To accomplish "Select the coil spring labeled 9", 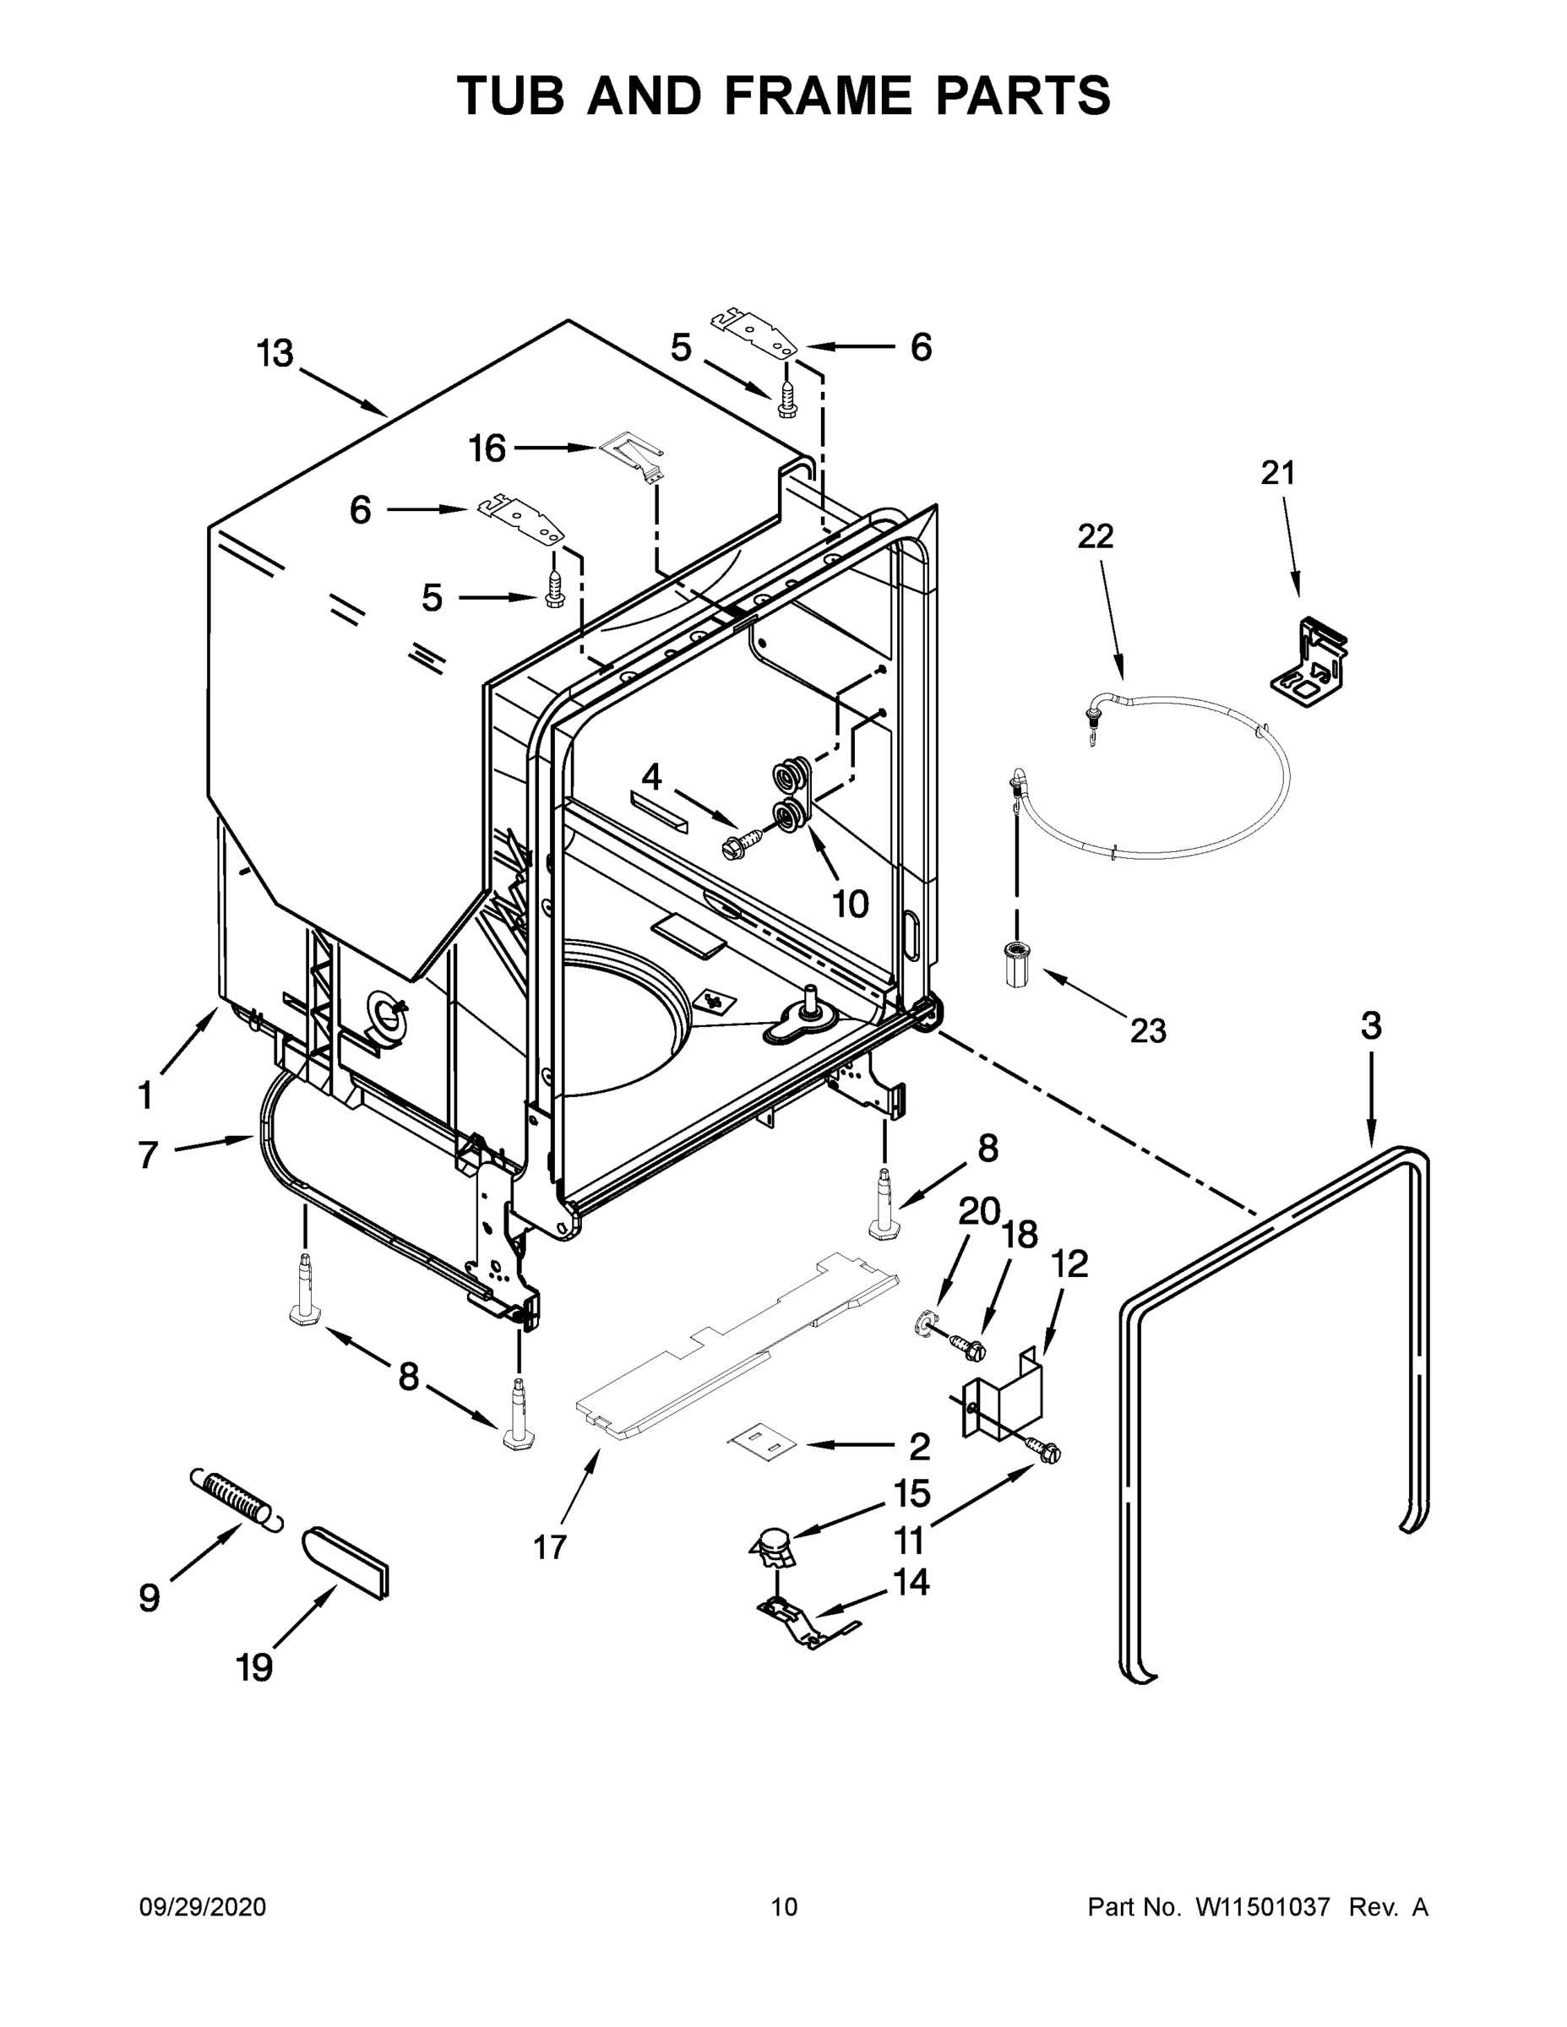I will [x=235, y=1498].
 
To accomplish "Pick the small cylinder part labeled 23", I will [x=1020, y=965].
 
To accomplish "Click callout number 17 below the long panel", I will [x=550, y=1547].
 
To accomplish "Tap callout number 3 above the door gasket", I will [x=1370, y=1025].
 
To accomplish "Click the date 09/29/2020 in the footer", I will [x=203, y=1907].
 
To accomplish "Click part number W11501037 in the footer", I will [x=1263, y=1907].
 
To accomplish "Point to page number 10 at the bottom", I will [x=784, y=1907].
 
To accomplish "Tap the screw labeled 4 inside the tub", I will [x=741, y=843].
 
